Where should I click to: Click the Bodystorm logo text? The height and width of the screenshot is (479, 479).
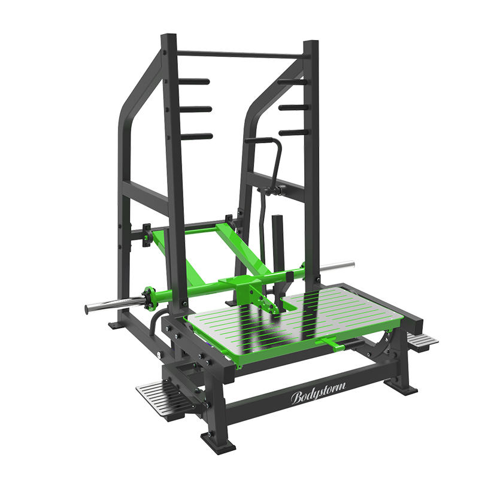pyautogui.click(x=318, y=393)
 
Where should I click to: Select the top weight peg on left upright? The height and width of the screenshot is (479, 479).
pyautogui.click(x=194, y=81)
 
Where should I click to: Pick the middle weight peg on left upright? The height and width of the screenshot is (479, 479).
pyautogui.click(x=196, y=109)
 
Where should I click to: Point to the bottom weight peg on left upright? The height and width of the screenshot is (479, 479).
pyautogui.click(x=197, y=136)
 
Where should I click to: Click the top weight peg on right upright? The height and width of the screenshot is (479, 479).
pyautogui.click(x=292, y=82)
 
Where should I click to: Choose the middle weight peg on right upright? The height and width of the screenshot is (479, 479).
pyautogui.click(x=293, y=107)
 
